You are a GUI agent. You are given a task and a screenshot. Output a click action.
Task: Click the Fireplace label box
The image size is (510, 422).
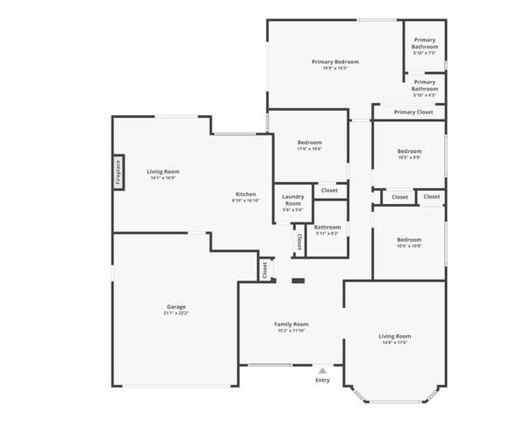(x=118, y=172)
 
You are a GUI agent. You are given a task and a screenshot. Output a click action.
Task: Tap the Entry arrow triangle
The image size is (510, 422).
(x=322, y=371)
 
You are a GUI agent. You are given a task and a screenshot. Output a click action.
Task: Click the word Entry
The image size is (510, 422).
(x=322, y=380)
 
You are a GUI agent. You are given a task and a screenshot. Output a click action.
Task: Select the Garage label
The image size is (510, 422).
(x=176, y=307)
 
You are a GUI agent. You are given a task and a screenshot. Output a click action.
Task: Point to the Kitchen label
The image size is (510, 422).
(x=245, y=194)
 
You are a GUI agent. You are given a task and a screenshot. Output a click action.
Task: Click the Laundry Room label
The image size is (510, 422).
(x=292, y=200)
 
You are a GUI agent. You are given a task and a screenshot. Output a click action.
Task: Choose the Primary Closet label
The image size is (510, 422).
(x=413, y=112)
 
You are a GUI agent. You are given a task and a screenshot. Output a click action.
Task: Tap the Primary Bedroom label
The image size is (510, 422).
(x=334, y=62)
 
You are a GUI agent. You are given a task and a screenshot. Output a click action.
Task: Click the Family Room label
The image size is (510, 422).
(x=291, y=324)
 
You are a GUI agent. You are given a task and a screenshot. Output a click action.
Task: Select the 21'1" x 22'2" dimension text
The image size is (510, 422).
(x=176, y=313)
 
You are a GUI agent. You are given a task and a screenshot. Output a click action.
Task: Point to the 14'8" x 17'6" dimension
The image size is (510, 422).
(x=394, y=343)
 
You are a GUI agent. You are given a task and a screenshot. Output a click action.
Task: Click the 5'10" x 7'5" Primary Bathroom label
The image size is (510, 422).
(x=425, y=43)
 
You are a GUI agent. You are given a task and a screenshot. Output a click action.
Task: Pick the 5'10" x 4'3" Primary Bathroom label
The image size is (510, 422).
(x=425, y=85)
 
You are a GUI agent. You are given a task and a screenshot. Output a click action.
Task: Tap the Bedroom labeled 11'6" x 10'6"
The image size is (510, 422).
(x=309, y=142)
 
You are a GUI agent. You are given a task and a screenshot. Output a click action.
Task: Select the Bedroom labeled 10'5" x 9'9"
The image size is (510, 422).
(x=409, y=151)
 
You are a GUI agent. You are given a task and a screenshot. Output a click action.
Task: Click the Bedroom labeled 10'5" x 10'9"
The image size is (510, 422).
(x=409, y=240)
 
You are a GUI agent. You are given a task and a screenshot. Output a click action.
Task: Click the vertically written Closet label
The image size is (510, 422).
(x=298, y=242)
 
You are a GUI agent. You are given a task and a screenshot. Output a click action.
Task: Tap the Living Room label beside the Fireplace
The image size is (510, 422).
(x=163, y=171)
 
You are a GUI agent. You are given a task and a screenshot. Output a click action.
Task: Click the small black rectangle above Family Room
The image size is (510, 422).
(x=298, y=282)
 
